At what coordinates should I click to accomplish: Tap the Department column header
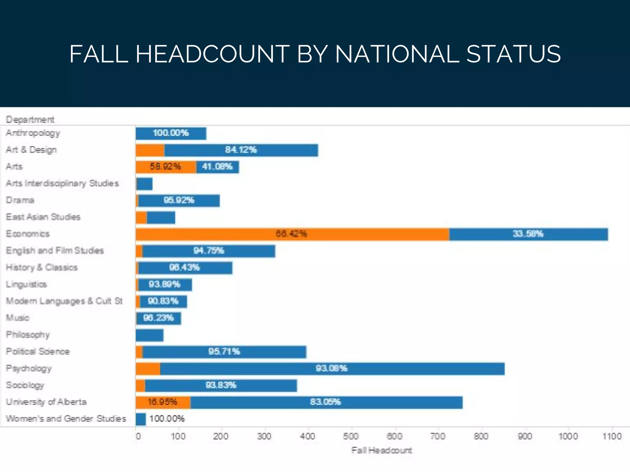(30, 120)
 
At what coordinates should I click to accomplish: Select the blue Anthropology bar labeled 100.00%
(171, 133)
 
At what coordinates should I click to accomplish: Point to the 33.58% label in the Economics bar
(528, 234)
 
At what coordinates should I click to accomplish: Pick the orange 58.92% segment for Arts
(165, 167)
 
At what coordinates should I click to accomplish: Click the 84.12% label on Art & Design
(241, 150)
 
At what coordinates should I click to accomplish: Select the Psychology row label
(29, 368)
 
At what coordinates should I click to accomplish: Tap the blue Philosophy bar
(150, 335)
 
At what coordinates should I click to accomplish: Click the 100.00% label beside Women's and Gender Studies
(167, 419)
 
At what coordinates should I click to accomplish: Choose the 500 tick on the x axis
(351, 436)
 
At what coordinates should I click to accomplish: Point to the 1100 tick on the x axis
(612, 436)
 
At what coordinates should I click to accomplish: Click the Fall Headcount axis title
(381, 450)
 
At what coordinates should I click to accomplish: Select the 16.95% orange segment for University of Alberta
(162, 402)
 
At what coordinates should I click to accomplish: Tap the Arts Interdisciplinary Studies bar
(145, 184)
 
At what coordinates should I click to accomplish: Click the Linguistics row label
(26, 284)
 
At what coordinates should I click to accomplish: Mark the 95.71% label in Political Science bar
(224, 352)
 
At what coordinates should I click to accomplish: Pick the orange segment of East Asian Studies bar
(141, 218)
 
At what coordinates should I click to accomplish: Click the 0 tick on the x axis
(138, 436)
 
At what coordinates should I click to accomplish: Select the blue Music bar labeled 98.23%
(159, 318)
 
